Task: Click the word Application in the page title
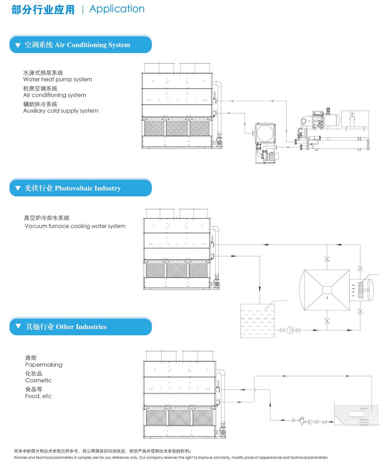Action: click(x=117, y=9)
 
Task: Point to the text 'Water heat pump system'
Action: click(x=58, y=79)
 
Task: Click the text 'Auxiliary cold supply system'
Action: click(x=61, y=111)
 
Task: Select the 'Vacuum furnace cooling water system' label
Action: click(x=75, y=226)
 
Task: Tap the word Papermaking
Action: click(x=44, y=365)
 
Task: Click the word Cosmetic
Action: click(x=38, y=380)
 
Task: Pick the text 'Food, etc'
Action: click(x=38, y=396)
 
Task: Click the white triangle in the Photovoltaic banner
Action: click(x=18, y=188)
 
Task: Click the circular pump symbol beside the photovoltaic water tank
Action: click(x=290, y=330)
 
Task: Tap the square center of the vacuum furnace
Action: click(x=327, y=290)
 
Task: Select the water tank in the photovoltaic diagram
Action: click(x=257, y=321)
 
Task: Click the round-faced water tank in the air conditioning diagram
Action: click(x=265, y=133)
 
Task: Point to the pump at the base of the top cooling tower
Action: click(x=218, y=142)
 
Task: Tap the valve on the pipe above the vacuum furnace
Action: click(x=327, y=259)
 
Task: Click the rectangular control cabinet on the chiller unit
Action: click(x=355, y=119)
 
